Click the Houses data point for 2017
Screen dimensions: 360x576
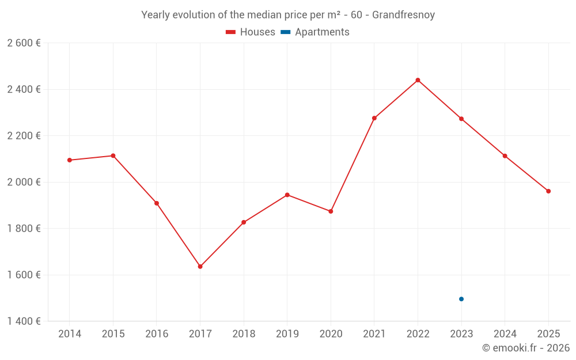[x=200, y=267]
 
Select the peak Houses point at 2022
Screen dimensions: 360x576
[x=418, y=80]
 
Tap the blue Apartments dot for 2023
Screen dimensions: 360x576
[x=461, y=299]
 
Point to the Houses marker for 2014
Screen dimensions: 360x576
[x=70, y=160]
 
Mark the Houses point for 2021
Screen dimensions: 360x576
[x=374, y=118]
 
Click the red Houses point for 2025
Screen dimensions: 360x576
[x=548, y=191]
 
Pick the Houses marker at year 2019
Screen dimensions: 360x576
[x=287, y=195]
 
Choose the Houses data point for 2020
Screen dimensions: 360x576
[x=331, y=211]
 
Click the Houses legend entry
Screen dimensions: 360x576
[x=251, y=32]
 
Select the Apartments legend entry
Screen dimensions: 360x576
[x=315, y=32]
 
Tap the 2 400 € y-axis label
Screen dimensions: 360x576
[x=24, y=89]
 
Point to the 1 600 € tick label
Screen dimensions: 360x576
[x=24, y=275]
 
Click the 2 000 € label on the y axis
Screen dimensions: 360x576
[x=24, y=182]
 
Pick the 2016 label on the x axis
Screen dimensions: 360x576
[x=157, y=334]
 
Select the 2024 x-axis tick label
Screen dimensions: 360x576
[x=505, y=334]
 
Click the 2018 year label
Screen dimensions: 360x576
[x=244, y=334]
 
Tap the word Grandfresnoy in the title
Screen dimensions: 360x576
[x=403, y=15]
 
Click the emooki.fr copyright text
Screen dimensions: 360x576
[x=526, y=348]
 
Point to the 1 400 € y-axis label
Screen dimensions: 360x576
[x=24, y=321]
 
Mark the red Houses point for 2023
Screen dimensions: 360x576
[x=461, y=119]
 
